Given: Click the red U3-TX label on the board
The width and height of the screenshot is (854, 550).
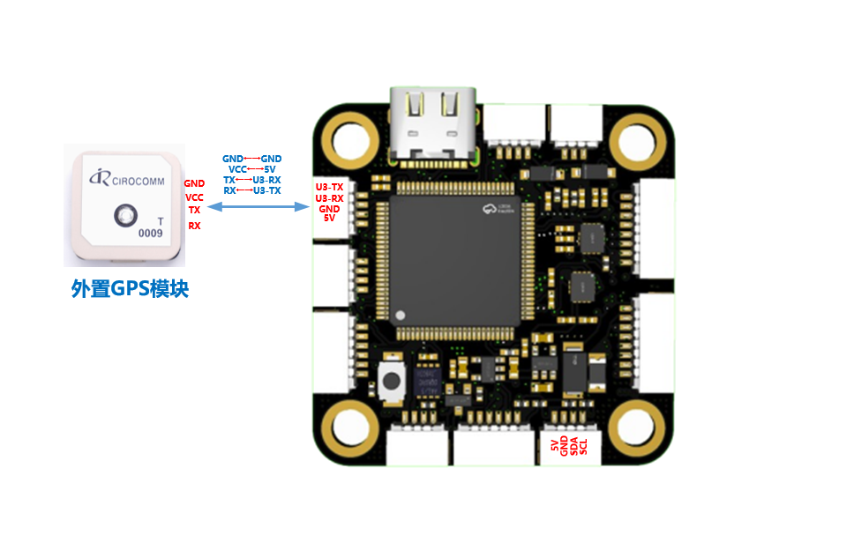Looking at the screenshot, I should coord(330,188).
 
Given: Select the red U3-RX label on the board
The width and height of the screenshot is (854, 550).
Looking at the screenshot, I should coord(330,198).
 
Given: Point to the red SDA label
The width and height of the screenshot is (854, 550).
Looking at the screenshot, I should coord(573,446).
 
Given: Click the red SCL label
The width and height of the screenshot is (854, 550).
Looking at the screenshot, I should coord(583,446).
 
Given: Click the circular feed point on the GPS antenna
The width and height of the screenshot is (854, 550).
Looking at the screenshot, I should coord(124,214).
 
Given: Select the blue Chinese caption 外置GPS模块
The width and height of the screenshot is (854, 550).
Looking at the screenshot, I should coord(130,288).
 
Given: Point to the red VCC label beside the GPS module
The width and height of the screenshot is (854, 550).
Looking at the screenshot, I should coord(194,197).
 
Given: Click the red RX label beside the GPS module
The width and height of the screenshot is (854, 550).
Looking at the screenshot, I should coord(194,226).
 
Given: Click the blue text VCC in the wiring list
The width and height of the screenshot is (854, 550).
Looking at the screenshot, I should coord(237,168).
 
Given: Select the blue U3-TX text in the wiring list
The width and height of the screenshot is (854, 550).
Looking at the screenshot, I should coord(266,190).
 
